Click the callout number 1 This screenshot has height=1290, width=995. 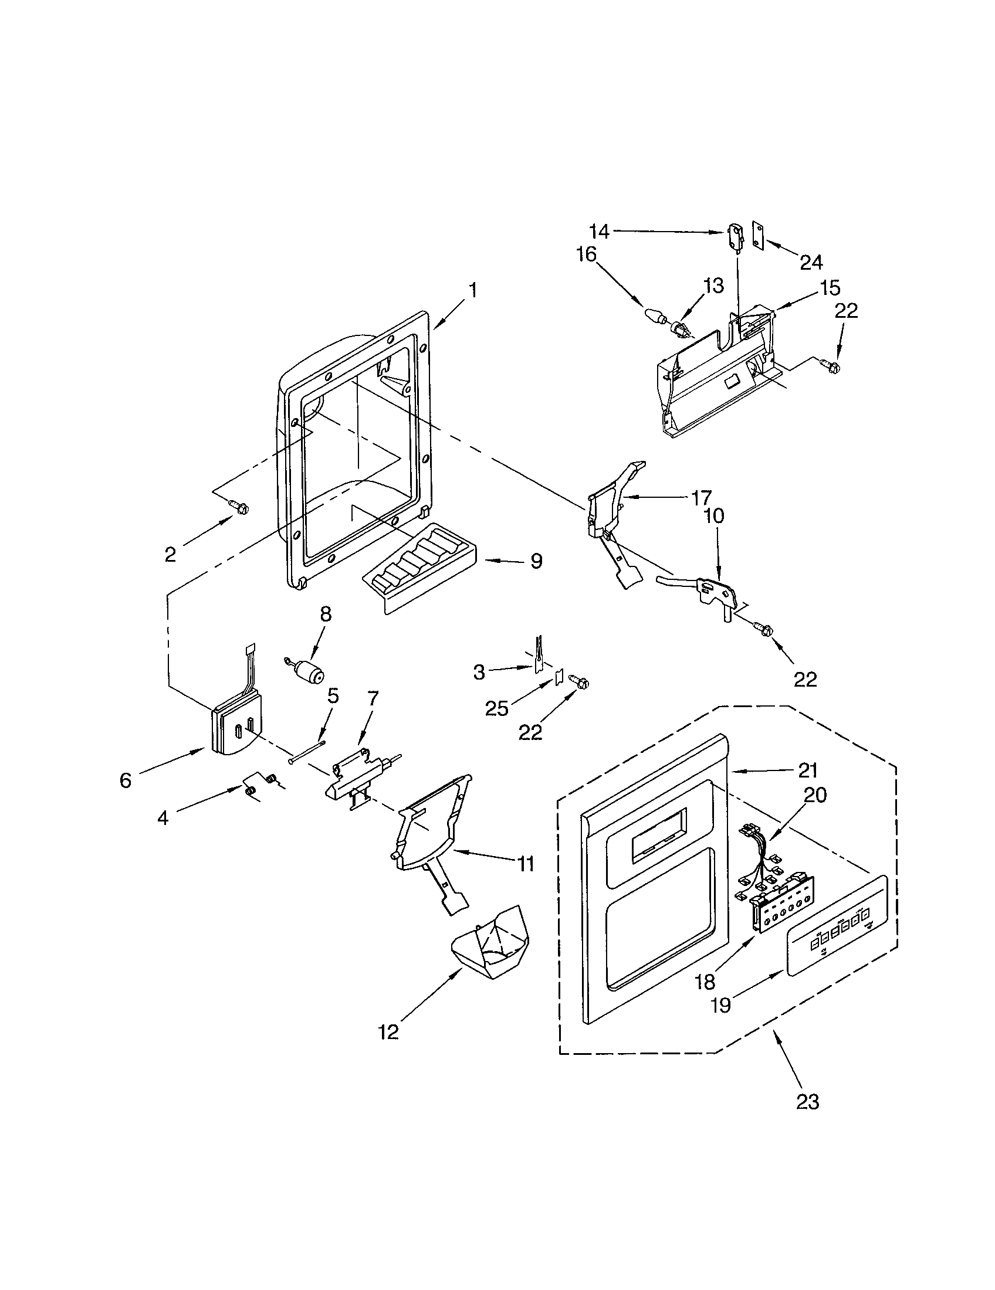pos(473,291)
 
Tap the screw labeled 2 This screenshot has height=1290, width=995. pos(240,506)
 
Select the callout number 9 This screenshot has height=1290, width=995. pos(536,561)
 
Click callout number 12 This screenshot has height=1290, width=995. pos(388,1032)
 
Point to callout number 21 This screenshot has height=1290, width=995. pos(807,770)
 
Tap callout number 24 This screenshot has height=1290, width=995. pos(811,262)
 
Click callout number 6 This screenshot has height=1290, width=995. pos(126,780)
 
